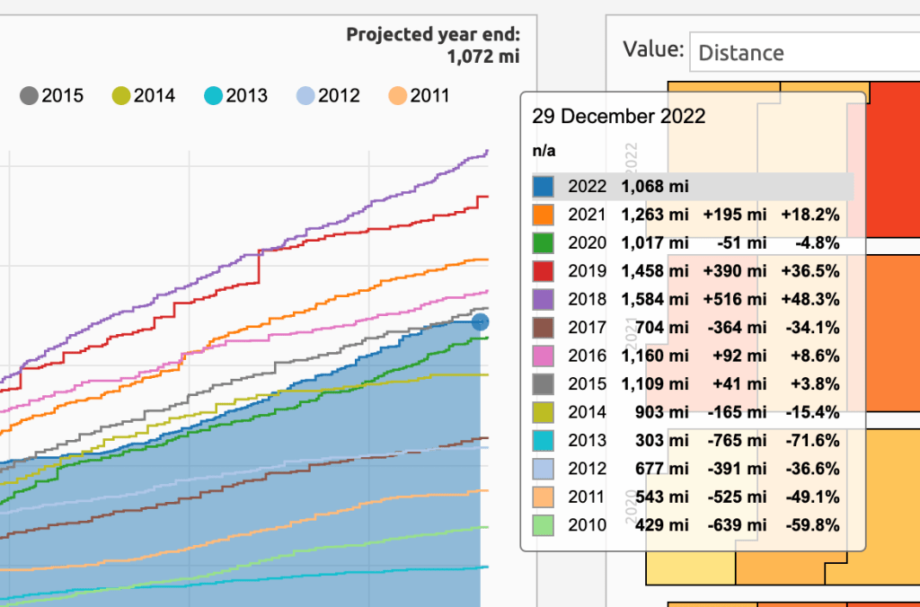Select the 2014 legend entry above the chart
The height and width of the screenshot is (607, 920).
tap(144, 95)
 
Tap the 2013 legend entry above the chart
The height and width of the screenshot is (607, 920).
tap(236, 95)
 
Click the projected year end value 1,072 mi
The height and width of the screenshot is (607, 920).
tap(482, 57)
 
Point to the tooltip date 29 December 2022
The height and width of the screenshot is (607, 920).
tap(618, 117)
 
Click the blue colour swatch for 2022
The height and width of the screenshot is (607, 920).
tap(544, 187)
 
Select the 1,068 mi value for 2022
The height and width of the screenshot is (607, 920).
tap(654, 187)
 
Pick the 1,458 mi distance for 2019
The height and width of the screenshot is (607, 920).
tap(654, 270)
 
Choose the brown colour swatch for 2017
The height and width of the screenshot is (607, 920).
tap(544, 326)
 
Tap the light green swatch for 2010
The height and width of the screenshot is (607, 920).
tap(544, 524)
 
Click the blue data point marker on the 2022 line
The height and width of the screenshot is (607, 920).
tap(480, 321)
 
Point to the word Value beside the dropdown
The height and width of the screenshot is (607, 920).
tap(652, 50)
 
